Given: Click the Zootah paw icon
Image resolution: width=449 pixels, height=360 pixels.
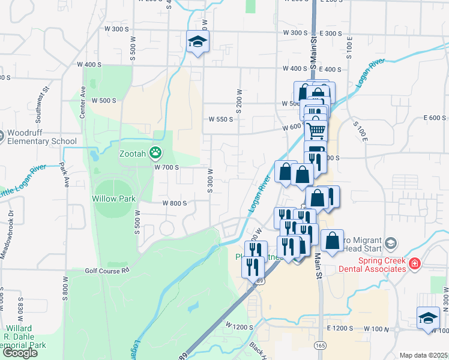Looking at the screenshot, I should [x=156, y=153].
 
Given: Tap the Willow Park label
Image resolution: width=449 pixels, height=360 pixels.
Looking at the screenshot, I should [x=113, y=199].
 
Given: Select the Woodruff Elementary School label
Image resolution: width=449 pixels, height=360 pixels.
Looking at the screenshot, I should [x=42, y=136].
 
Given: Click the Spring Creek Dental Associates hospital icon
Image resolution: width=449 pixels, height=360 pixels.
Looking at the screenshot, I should [x=414, y=264].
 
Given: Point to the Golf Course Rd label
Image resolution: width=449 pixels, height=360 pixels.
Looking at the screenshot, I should [x=107, y=271].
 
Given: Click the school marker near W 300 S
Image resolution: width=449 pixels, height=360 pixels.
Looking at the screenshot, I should [x=197, y=42].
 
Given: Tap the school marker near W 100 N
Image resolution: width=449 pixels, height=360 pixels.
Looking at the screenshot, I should [x=428, y=317].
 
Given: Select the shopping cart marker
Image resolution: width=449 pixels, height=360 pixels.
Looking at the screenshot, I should [x=316, y=130].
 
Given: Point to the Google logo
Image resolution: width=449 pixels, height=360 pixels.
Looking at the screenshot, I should [x=20, y=353].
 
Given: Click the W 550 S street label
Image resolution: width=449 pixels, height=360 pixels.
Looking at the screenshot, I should [x=220, y=119].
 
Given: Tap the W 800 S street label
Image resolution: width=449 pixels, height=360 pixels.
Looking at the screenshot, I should [x=175, y=203].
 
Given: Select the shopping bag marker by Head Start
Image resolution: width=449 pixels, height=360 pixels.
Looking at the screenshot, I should [x=332, y=241].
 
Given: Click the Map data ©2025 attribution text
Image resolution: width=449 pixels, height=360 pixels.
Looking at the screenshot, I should [x=424, y=355].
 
